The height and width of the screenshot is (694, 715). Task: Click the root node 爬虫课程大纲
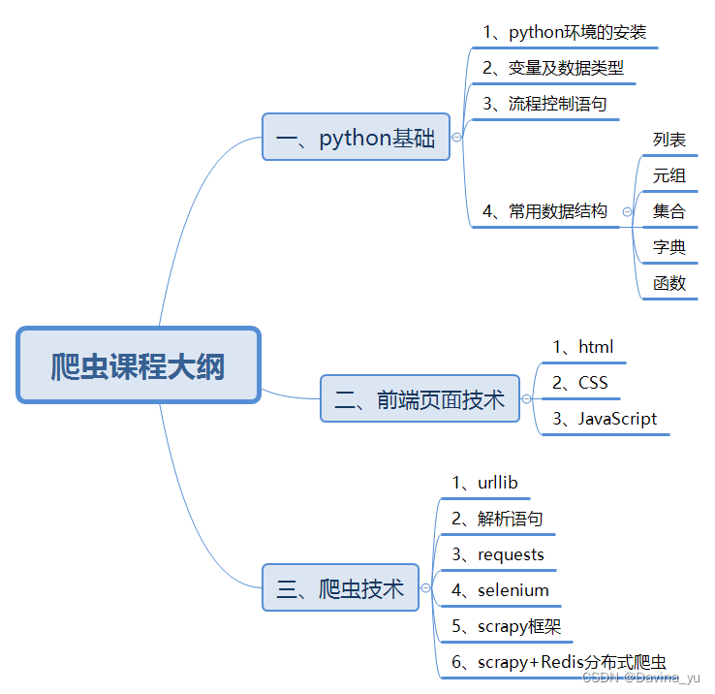138,365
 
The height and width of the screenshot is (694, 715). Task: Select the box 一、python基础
356,138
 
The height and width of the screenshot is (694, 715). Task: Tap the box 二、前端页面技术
420,399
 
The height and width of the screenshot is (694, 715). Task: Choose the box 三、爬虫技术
340,588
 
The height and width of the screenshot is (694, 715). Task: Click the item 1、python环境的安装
564,32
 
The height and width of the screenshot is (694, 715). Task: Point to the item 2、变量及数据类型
553,68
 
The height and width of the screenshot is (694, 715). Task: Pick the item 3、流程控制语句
544,104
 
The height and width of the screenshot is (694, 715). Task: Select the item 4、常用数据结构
544,211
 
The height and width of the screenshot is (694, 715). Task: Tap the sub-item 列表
669,140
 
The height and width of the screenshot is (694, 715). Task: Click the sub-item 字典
669,247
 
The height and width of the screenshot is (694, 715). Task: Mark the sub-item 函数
669,283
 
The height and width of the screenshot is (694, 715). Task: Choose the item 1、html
582,347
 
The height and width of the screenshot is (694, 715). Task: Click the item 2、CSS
579,383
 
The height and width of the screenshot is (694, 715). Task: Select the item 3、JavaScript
604,419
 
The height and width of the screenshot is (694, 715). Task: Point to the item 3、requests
498,554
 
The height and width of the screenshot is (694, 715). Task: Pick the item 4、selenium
500,590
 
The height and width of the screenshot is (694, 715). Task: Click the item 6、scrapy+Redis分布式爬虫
558,663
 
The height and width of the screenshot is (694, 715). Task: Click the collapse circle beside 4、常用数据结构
628,211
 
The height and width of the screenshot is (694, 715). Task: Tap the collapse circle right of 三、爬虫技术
425,588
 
